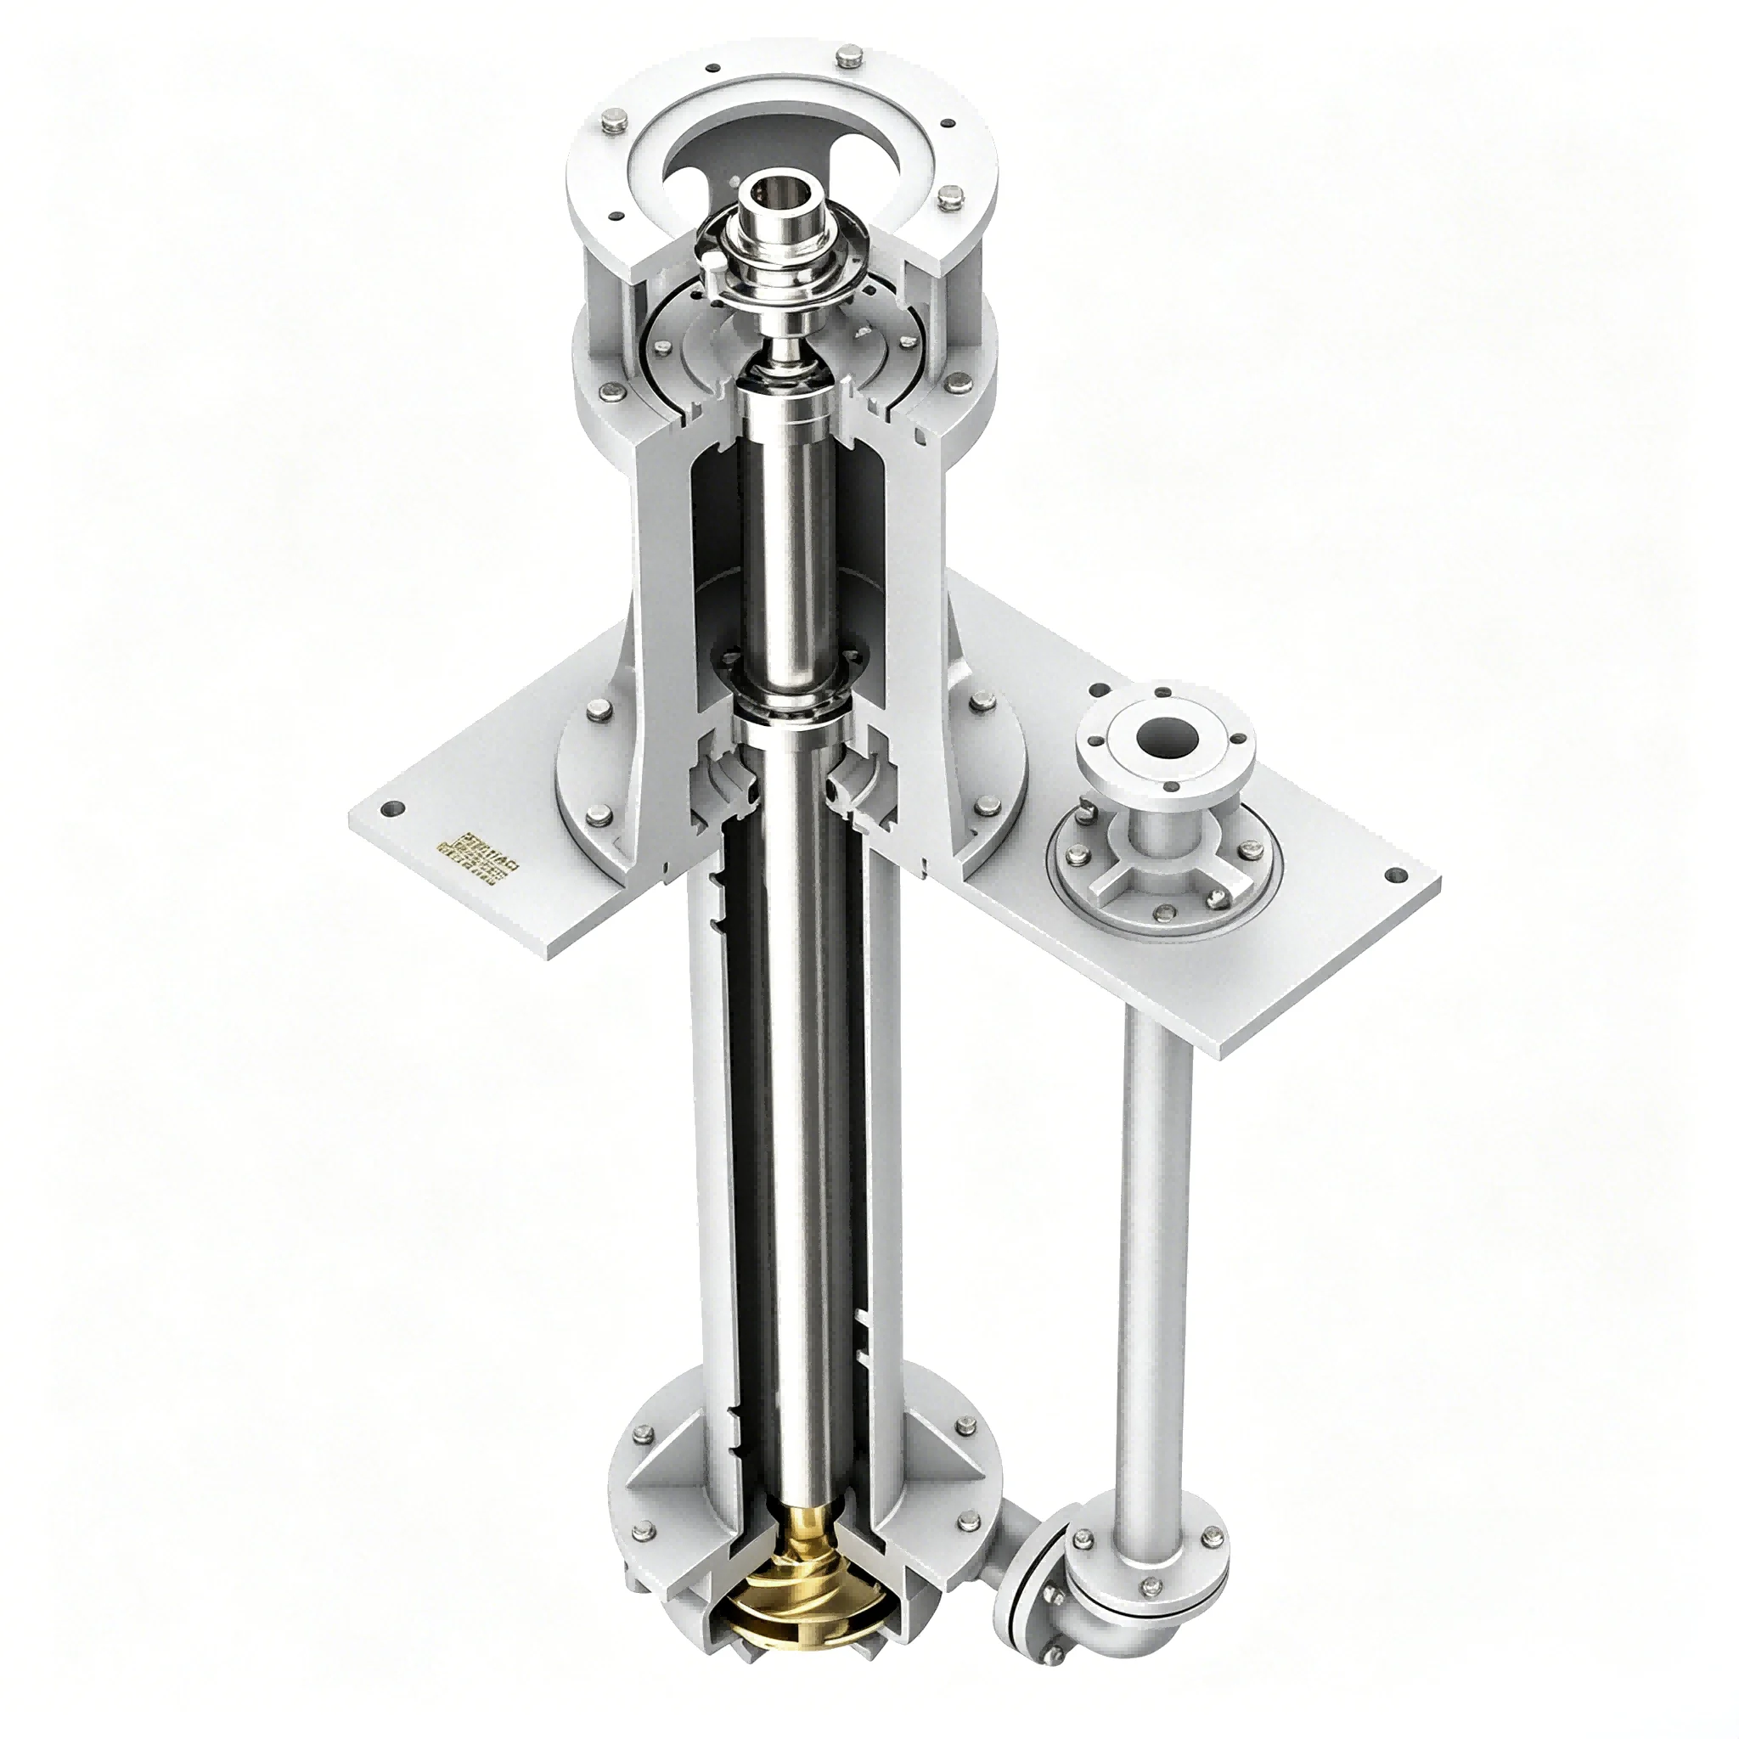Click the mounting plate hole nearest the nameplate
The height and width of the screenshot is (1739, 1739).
click(x=392, y=835)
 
